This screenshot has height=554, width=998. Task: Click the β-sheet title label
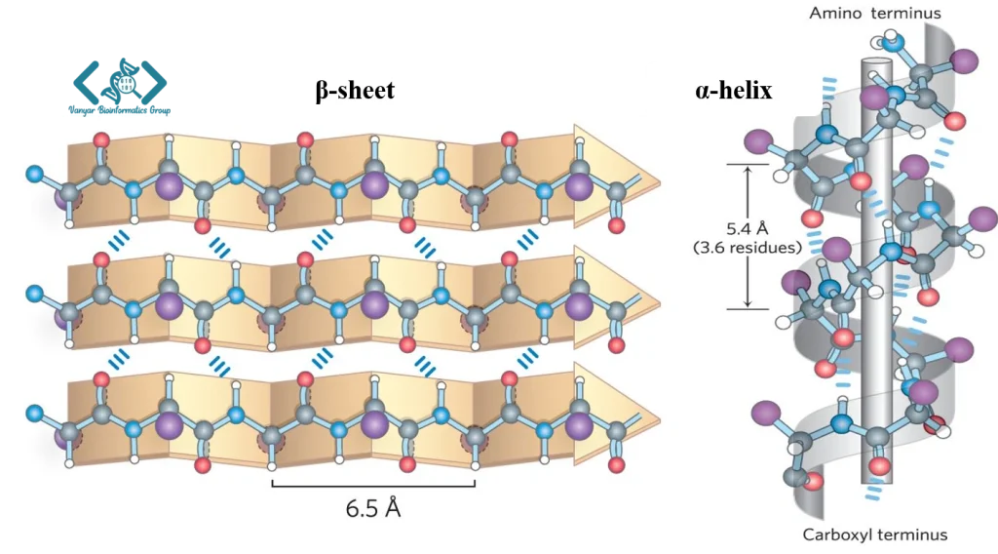point(355,91)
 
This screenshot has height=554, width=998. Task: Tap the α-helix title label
point(734,91)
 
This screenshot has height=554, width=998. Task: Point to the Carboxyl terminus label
point(874,534)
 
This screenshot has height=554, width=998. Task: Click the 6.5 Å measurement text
point(373,508)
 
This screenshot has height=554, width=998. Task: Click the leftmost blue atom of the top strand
point(36,175)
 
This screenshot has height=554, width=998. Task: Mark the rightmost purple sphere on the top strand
point(580,187)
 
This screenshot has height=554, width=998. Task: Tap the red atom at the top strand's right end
point(616,226)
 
